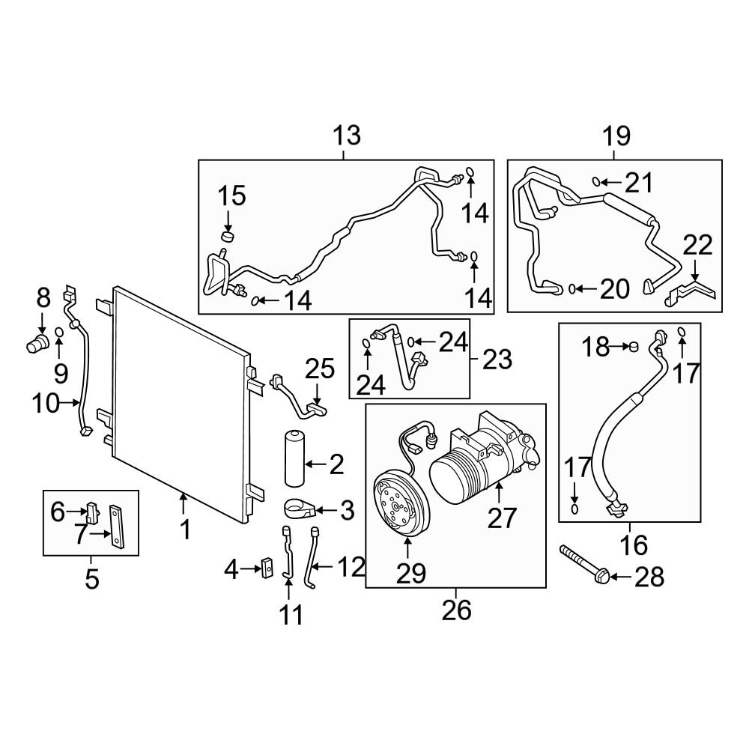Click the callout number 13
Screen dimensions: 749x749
[347, 136]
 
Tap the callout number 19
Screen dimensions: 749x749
[616, 136]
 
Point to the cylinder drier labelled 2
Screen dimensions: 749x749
[294, 458]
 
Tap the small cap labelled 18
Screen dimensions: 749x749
[633, 346]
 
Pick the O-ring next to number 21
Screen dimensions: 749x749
[596, 181]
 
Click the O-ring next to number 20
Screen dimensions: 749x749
[571, 288]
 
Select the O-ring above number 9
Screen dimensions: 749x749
[59, 333]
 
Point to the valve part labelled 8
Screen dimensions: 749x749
[37, 343]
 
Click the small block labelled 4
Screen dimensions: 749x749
[267, 568]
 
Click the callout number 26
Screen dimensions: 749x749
[456, 610]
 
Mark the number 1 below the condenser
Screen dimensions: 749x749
[185, 530]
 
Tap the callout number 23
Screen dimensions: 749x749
[497, 360]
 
